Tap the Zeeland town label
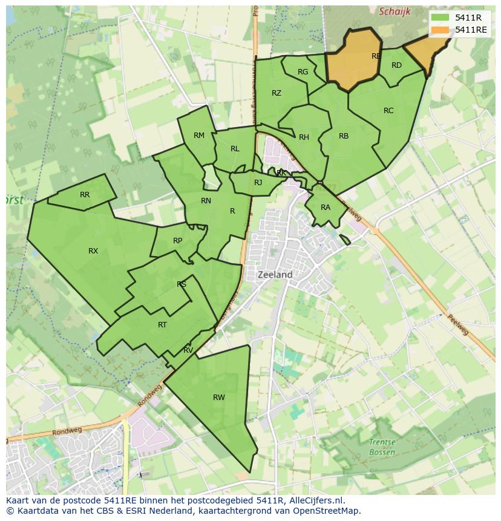(x=275, y=274)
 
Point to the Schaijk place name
(x=395, y=11)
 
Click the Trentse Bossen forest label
(x=382, y=447)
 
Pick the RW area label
(x=218, y=398)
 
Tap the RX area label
(x=93, y=251)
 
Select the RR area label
(x=85, y=195)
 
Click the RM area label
(x=199, y=136)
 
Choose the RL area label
(x=235, y=149)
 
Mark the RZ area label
(x=277, y=93)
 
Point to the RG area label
(x=303, y=72)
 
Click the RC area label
(x=388, y=111)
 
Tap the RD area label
(x=396, y=65)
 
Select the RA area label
(x=326, y=208)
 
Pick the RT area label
(x=162, y=325)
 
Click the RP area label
(x=177, y=241)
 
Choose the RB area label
(x=344, y=136)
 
